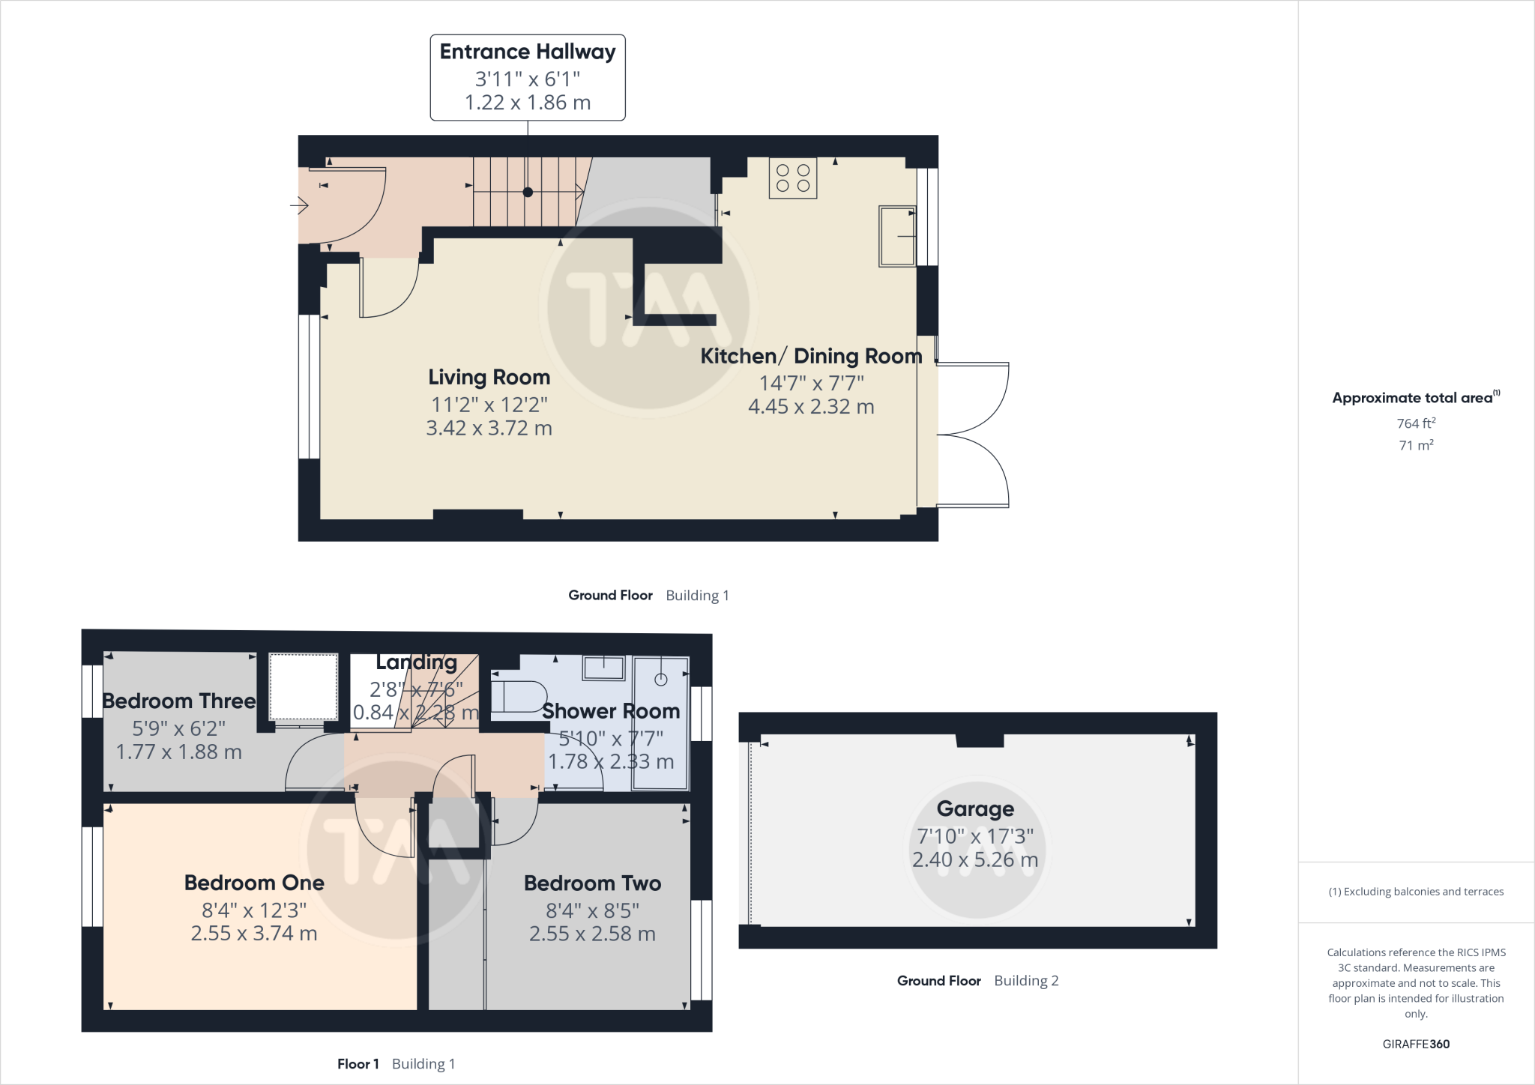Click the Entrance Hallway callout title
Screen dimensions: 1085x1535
[527, 52]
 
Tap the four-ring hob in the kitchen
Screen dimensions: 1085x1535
[792, 178]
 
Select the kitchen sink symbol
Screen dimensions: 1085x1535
[897, 236]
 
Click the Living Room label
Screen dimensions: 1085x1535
[489, 377]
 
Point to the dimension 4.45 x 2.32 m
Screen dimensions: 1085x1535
[811, 407]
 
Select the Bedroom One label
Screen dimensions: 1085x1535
[254, 883]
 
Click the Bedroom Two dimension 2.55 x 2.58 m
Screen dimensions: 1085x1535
[592, 934]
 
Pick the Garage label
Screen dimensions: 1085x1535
[974, 809]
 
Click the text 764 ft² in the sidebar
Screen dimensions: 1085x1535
[1415, 423]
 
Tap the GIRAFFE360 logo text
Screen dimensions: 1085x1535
[1415, 1044]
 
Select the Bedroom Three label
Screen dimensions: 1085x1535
[178, 701]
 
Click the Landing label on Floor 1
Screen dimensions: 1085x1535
[416, 662]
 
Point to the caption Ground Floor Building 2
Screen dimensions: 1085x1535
[977, 981]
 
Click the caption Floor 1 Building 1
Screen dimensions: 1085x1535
[396, 1064]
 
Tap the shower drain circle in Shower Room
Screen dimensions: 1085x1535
[660, 680]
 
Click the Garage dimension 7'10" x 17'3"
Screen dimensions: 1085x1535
[974, 836]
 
